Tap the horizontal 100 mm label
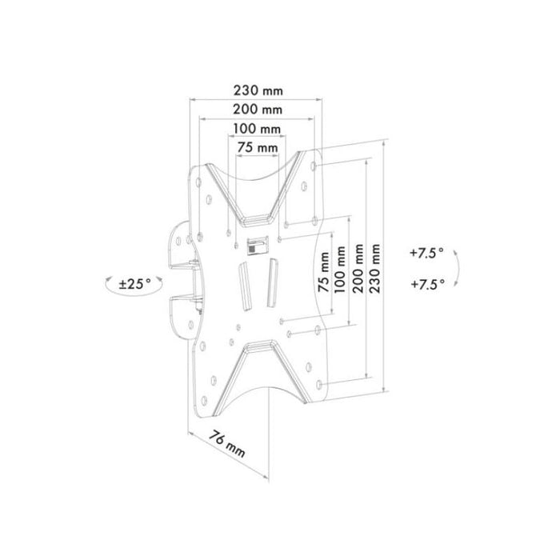coord(257,129)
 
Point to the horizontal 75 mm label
coord(257,147)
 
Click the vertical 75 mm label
coord(324,274)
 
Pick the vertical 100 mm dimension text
coord(342,274)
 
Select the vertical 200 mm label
coord(361,274)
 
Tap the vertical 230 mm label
coord(378,274)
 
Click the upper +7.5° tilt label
coord(426,253)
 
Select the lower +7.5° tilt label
coord(426,284)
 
